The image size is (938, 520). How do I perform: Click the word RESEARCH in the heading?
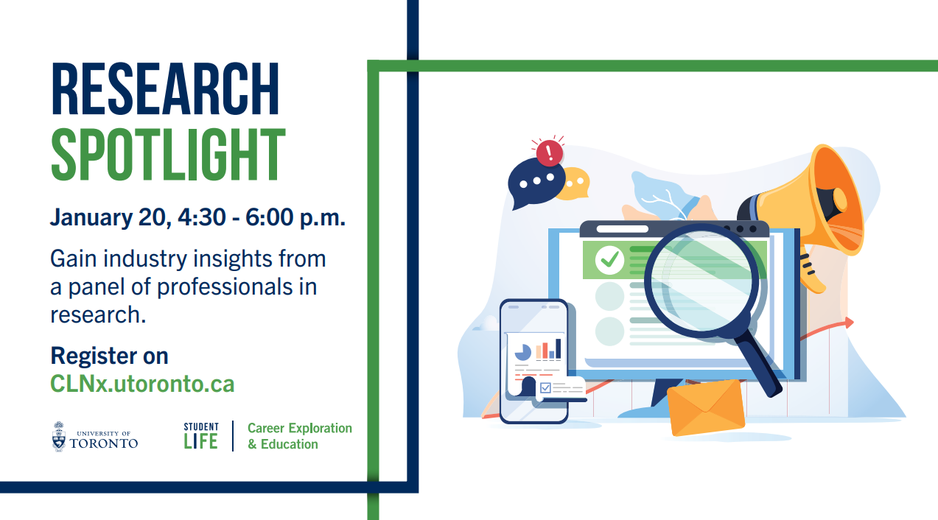pos(165,89)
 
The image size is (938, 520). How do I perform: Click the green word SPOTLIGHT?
pos(168,155)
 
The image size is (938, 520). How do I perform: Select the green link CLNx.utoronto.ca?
pos(142,384)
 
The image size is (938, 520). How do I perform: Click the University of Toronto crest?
pos(59,437)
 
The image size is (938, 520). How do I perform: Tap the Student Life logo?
pos(201,436)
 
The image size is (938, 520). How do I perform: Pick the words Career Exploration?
pos(300,429)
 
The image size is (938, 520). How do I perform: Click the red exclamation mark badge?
pos(550,152)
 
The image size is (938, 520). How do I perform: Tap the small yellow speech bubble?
pos(575,183)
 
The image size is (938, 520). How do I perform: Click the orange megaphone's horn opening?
pos(836,200)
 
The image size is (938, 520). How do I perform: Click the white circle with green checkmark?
pos(609,260)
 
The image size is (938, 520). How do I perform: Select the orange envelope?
pos(706,407)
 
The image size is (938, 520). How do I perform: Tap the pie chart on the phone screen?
pos(523,352)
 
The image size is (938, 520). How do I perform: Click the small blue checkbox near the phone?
pos(545,387)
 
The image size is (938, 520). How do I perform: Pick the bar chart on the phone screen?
pos(548,349)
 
